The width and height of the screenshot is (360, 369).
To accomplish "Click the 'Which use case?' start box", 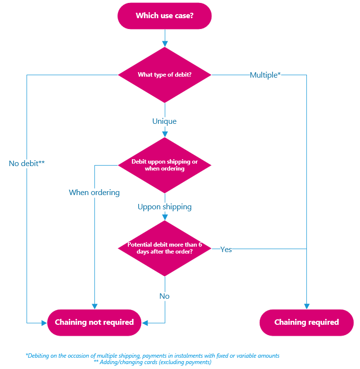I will (x=164, y=16).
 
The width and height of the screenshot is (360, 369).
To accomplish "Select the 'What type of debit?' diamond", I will (x=164, y=75).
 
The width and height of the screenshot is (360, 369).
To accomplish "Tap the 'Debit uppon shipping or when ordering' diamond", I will (x=164, y=165).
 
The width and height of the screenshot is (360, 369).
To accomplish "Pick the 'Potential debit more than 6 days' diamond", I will (x=164, y=249).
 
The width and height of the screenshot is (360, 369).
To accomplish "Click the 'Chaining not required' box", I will (x=94, y=322).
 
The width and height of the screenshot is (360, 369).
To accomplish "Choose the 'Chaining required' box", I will (x=306, y=322).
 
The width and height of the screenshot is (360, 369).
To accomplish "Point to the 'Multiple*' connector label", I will (x=265, y=75).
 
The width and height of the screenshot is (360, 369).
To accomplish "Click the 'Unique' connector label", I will (x=164, y=121).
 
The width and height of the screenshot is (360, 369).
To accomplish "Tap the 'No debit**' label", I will (x=27, y=163).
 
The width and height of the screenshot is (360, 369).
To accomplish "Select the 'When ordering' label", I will (x=94, y=192).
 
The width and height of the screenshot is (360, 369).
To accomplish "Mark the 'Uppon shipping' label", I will (x=164, y=207).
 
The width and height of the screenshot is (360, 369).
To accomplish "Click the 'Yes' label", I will (x=226, y=249).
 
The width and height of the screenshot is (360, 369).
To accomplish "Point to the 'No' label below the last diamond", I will (x=164, y=296).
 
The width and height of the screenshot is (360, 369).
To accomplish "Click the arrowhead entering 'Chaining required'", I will (x=306, y=306).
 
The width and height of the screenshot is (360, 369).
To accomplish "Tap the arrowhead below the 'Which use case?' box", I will (x=164, y=44).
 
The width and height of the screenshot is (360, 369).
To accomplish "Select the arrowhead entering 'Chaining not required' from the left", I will (x=44, y=323).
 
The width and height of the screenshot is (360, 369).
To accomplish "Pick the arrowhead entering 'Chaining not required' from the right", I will (x=145, y=323).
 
